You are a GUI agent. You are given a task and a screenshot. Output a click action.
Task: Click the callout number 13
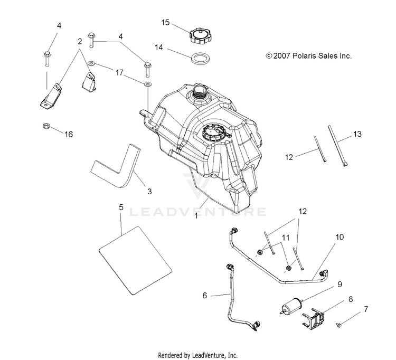tap(357, 134)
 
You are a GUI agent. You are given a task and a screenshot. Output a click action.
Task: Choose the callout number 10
tap(339, 237)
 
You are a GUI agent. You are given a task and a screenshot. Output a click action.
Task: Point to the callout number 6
tap(205, 296)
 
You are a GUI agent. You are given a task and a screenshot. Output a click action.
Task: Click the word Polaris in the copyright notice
tap(306, 55)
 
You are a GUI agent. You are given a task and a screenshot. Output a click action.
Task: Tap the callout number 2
tap(80, 41)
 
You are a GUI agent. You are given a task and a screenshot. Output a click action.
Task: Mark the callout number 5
tap(121, 207)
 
